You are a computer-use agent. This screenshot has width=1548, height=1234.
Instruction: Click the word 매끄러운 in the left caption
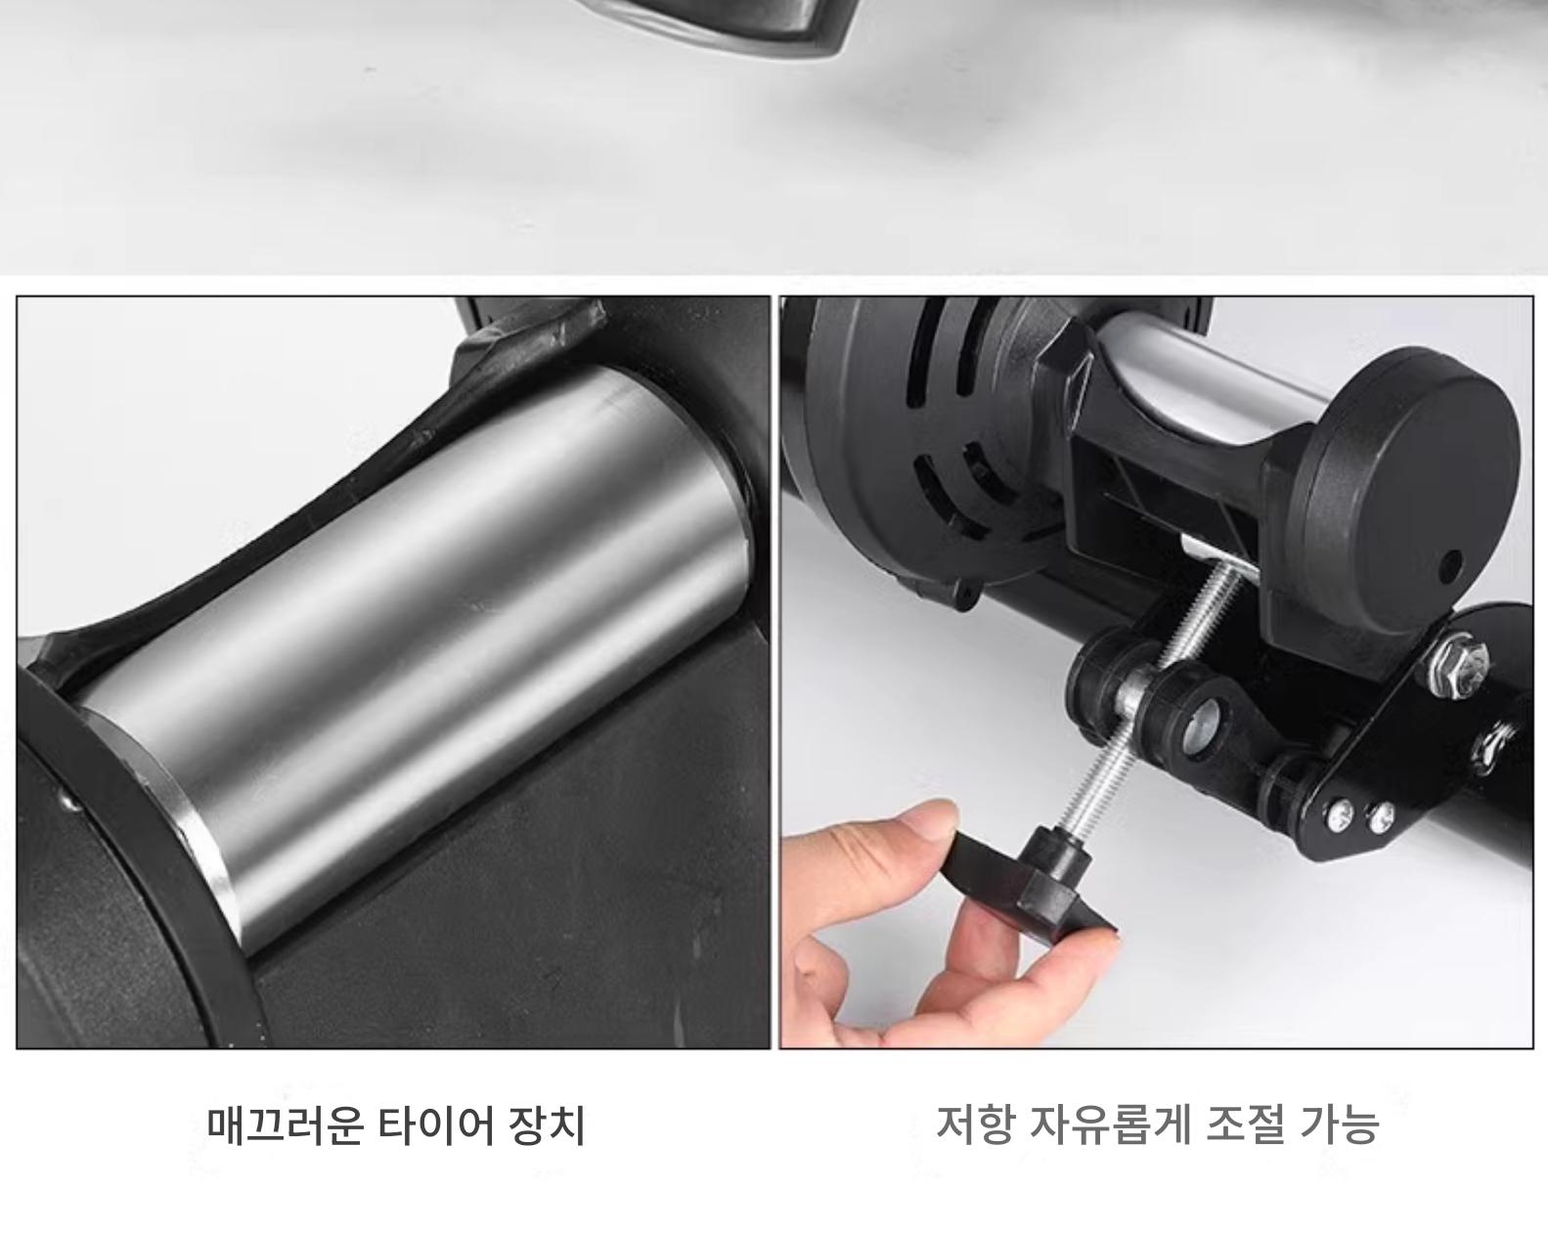click(x=285, y=1126)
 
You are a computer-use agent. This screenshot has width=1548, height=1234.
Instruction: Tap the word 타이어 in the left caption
click(x=436, y=1126)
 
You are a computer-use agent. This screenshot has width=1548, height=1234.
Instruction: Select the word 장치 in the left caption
click(x=548, y=1126)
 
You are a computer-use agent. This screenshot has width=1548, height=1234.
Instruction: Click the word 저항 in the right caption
click(x=975, y=1124)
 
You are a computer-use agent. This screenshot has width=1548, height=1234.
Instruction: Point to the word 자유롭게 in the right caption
click(x=1109, y=1124)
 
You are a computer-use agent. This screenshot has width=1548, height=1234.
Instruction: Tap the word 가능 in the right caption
click(x=1339, y=1124)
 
